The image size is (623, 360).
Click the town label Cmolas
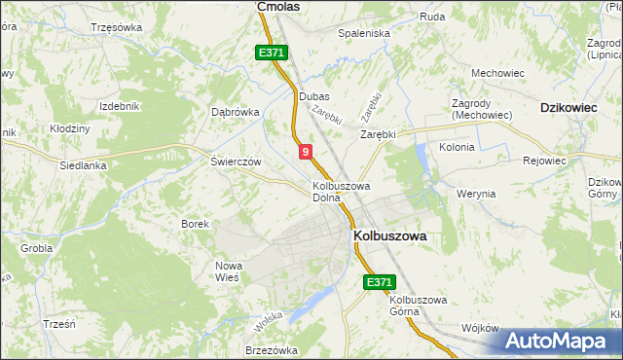(277, 6)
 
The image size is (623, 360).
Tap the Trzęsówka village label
(115, 27)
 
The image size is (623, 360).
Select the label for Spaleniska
(363, 32)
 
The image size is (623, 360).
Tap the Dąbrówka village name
(236, 112)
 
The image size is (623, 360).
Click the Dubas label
(314, 97)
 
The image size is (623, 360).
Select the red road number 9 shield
(306, 152)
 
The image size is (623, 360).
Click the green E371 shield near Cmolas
(272, 54)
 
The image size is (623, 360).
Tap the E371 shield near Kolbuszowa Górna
(380, 282)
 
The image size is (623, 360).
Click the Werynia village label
(476, 194)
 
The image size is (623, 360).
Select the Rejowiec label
(545, 161)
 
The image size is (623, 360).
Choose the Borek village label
(196, 224)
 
